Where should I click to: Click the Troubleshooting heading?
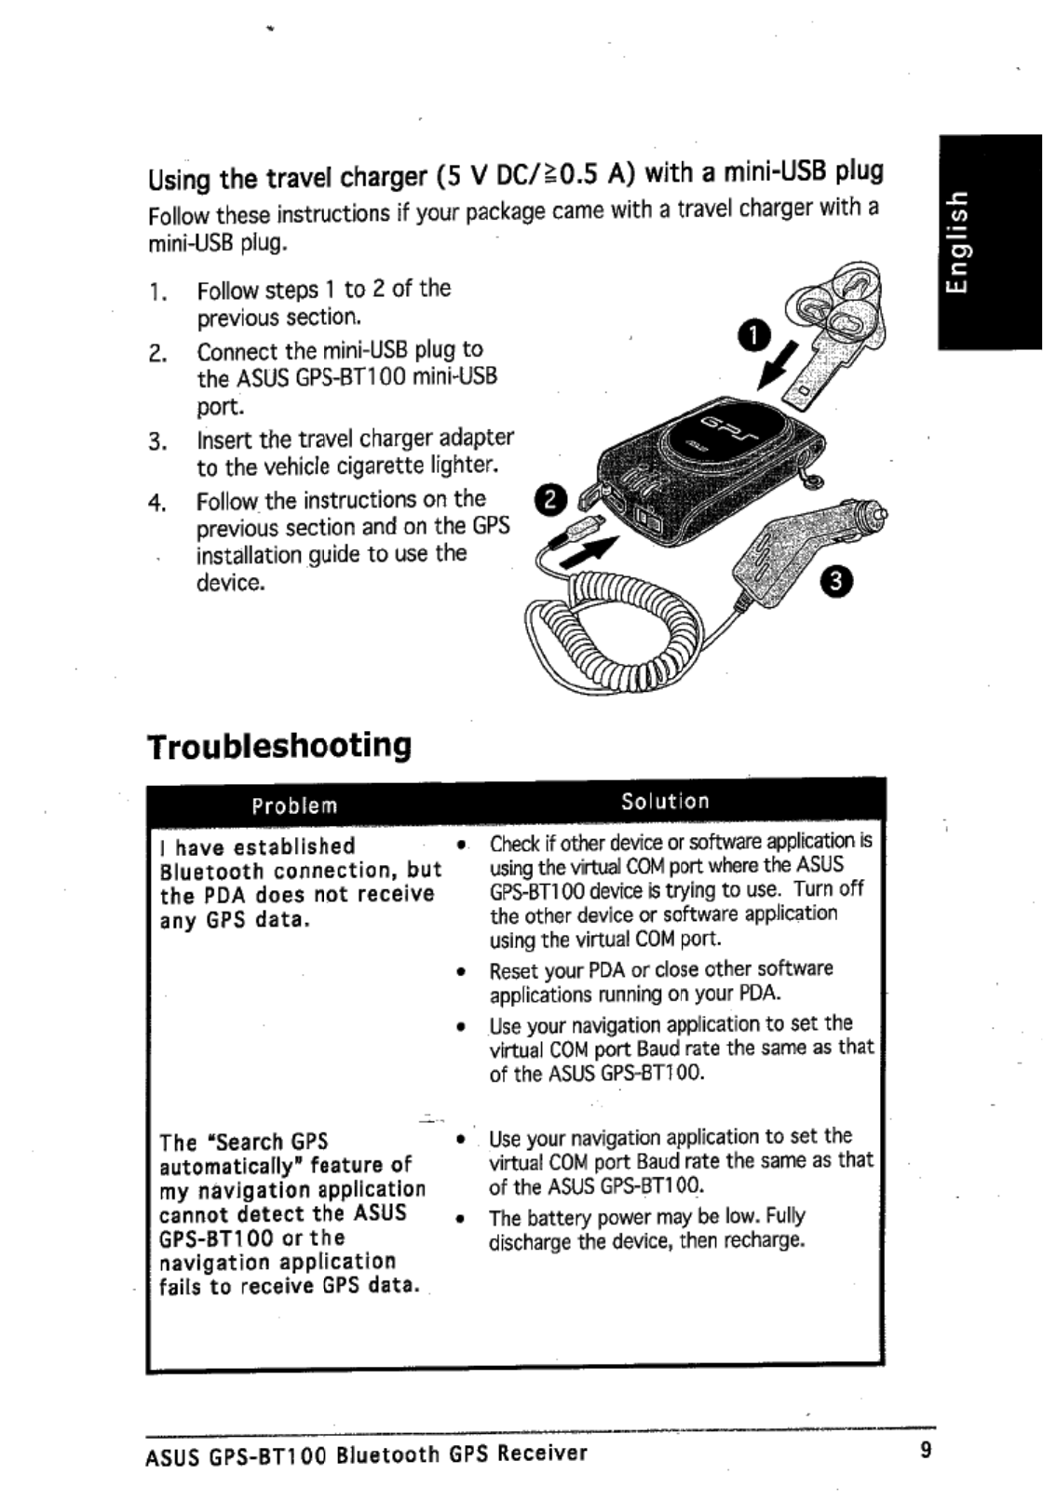tap(278, 746)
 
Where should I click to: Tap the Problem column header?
tap(294, 805)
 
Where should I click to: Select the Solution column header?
tap(665, 801)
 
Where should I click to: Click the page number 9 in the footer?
tap(925, 1450)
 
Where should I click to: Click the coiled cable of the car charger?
tap(615, 633)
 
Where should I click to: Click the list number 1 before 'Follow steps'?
tap(157, 291)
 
